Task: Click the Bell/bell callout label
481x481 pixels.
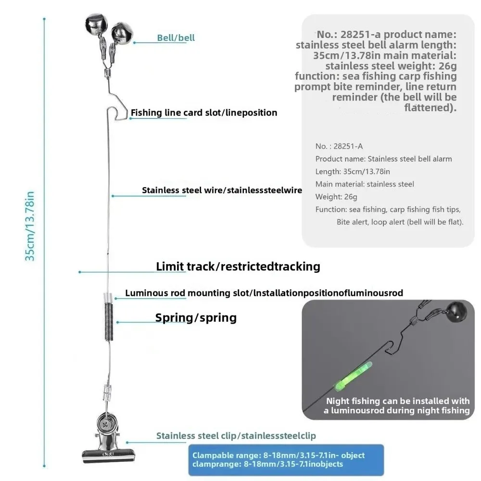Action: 176,38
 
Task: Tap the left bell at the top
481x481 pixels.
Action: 96,24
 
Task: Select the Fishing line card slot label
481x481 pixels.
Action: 203,113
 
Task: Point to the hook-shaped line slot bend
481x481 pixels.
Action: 117,113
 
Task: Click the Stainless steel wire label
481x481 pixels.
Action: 222,190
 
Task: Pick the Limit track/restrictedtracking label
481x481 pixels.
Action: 238,266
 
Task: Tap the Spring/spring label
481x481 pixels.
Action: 196,318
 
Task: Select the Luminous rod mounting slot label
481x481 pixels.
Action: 264,293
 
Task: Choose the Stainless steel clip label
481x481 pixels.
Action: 236,436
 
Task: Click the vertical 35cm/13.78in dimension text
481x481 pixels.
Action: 30,226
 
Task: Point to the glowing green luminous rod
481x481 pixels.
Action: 353,377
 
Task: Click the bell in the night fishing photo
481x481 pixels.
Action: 456,311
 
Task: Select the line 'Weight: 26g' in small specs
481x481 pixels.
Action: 336,197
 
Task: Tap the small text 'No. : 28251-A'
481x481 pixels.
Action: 339,146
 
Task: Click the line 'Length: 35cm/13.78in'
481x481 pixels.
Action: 353,172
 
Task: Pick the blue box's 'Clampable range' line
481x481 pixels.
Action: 278,455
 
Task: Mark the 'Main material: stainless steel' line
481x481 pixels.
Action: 365,184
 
